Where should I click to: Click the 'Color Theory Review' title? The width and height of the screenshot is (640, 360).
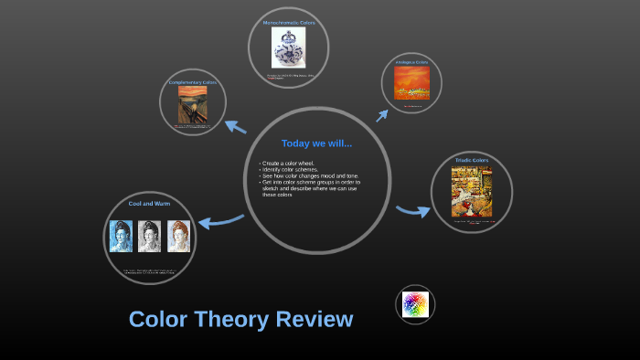click(240, 319)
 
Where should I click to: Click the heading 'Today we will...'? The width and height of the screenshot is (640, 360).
click(316, 143)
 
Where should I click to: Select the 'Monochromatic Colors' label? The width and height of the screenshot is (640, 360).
click(288, 22)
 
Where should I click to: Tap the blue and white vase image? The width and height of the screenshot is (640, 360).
click(288, 48)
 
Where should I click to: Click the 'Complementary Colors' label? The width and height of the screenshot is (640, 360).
click(192, 82)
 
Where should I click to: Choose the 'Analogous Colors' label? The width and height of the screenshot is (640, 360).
click(411, 62)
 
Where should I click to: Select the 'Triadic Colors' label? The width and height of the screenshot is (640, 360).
click(471, 160)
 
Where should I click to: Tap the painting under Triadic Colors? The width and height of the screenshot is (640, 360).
click(471, 191)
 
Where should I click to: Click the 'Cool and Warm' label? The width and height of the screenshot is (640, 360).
click(149, 203)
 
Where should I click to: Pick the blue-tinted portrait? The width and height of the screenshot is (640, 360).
click(121, 236)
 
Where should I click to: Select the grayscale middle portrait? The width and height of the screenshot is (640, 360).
click(149, 236)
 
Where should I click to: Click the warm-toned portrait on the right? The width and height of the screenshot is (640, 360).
click(178, 236)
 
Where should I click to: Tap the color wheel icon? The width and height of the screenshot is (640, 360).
click(415, 304)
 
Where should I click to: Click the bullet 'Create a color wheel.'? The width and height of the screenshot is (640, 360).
click(289, 163)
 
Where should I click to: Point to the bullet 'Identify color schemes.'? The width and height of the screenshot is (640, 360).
click(290, 169)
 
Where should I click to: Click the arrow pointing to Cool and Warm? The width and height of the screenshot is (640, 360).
click(220, 221)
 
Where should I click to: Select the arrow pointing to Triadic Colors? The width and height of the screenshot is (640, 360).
click(413, 211)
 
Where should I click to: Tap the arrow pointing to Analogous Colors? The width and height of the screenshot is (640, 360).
click(381, 115)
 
